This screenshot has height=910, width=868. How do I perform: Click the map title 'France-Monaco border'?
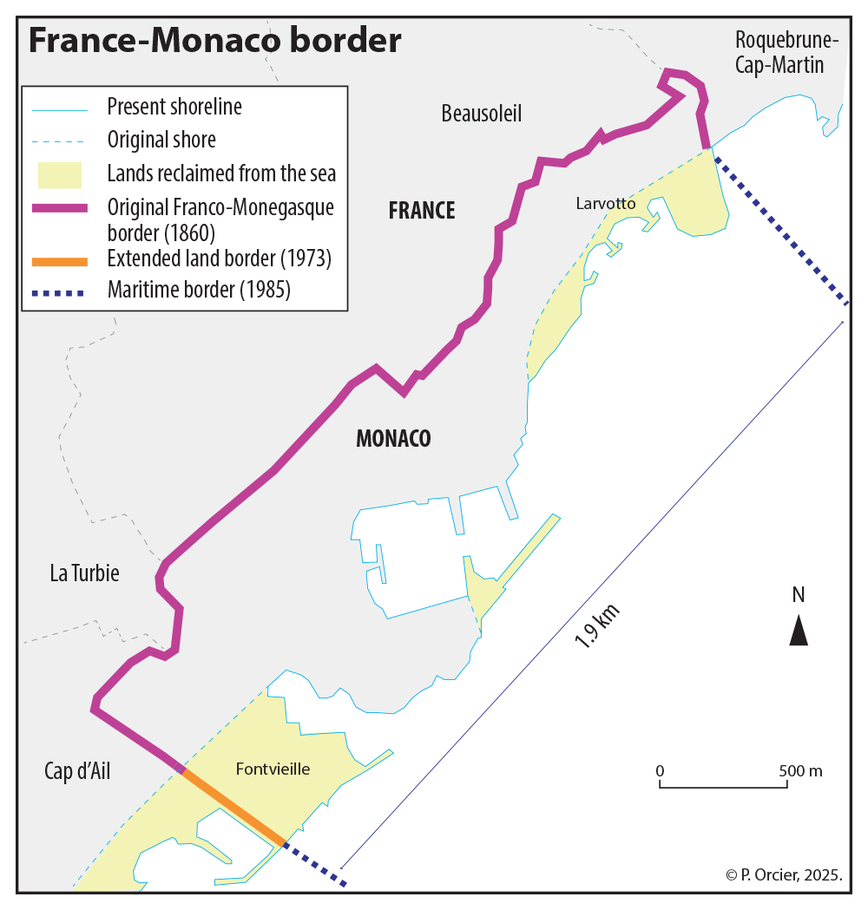pyautogui.click(x=215, y=41)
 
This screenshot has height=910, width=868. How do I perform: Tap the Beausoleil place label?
pyautogui.click(x=481, y=114)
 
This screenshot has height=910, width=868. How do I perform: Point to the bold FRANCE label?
pyautogui.click(x=422, y=211)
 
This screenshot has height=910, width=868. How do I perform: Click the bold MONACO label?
pyautogui.click(x=393, y=439)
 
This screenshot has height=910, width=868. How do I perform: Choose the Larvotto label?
pyautogui.click(x=606, y=204)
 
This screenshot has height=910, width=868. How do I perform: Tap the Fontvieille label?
pyautogui.click(x=273, y=769)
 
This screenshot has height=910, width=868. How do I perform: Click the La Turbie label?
pyautogui.click(x=84, y=573)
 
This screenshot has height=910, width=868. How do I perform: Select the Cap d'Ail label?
pyautogui.click(x=77, y=772)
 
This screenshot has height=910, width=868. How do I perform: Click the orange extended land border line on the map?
pyautogui.click(x=233, y=806)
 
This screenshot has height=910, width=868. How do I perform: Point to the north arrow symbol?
pyautogui.click(x=799, y=630)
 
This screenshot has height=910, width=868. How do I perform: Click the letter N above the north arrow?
pyautogui.click(x=799, y=595)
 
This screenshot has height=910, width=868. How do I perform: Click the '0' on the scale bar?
pyautogui.click(x=660, y=771)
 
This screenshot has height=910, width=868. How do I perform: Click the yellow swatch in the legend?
pyautogui.click(x=59, y=174)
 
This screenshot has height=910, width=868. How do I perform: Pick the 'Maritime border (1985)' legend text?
pyautogui.click(x=199, y=291)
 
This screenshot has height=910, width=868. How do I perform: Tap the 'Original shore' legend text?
pyautogui.click(x=161, y=140)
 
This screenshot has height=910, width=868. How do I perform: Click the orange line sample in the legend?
pyautogui.click(x=59, y=260)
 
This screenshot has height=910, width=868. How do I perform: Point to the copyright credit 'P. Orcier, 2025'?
pyautogui.click(x=784, y=875)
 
